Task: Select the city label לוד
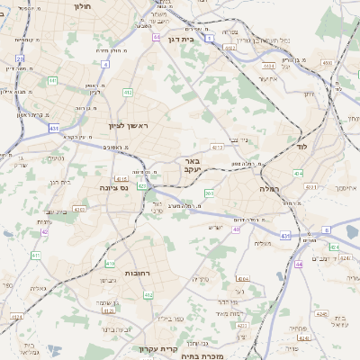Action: coord(301,145)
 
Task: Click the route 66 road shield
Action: coord(156,37)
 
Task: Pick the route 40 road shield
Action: coord(236,229)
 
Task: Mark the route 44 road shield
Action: coord(299,264)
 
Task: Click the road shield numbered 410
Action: coord(35,256)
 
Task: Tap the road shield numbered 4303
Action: coord(78,209)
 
